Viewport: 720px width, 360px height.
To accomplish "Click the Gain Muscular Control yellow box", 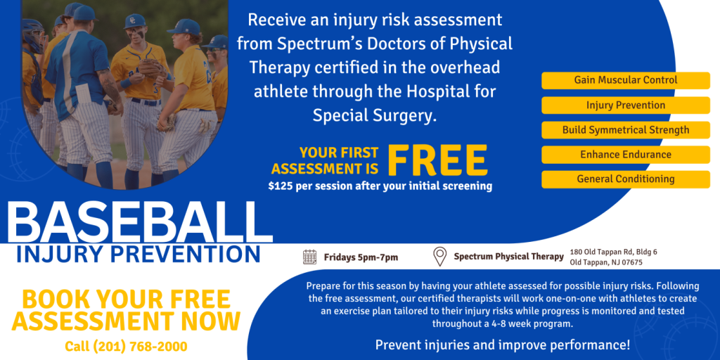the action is tap(625, 80).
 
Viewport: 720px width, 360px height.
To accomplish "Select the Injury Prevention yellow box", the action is tap(625, 105).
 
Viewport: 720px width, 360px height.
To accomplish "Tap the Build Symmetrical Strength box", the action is tap(625, 130).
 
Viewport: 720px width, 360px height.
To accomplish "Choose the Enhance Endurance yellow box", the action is tap(625, 155).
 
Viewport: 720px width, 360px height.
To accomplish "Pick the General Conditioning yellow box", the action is tap(625, 179).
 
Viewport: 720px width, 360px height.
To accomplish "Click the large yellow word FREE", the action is tap(437, 160).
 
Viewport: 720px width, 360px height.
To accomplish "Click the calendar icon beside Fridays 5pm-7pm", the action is tap(309, 257).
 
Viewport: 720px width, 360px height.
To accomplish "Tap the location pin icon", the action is tap(440, 257).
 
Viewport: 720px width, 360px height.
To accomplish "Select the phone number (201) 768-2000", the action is tap(140, 346).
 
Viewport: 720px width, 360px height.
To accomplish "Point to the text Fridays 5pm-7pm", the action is tap(361, 257).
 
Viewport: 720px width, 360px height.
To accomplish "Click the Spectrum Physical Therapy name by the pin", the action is tap(509, 257).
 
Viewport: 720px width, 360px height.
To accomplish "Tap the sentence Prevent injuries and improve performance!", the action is tap(503, 345).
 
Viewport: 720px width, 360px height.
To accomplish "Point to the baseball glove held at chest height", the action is tap(150, 68).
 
